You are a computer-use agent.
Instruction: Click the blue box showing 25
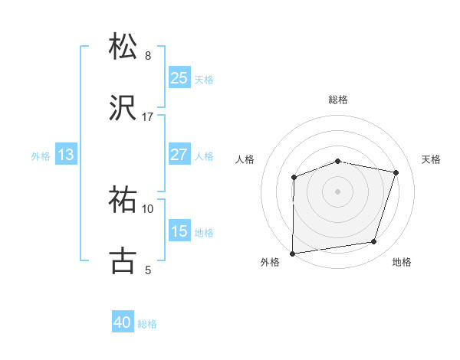pos(179,78)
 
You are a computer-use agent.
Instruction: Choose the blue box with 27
pos(179,155)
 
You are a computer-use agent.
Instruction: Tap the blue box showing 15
pos(179,231)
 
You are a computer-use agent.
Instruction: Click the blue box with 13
pos(66,155)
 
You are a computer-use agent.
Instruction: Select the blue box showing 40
pos(123,323)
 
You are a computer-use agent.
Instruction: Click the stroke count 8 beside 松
pos(148,56)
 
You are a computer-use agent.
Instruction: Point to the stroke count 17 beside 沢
pos(148,117)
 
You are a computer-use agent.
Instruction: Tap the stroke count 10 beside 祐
pos(148,209)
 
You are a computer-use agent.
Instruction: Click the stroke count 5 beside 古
pos(148,270)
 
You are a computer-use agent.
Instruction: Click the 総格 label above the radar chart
pos(338,100)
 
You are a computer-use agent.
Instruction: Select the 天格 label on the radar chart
pos(432,159)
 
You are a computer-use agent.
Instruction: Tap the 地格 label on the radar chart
pos(402,263)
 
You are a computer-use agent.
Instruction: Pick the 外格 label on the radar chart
pos(270,263)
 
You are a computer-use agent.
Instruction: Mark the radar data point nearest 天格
pos(396,172)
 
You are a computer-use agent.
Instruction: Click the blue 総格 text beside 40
pos(147,324)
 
